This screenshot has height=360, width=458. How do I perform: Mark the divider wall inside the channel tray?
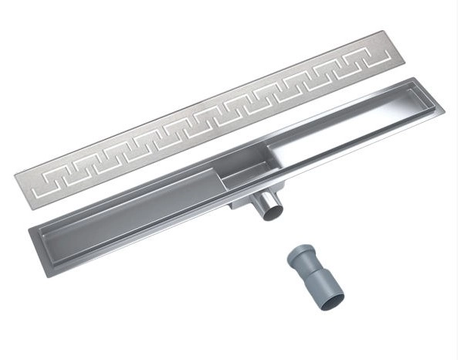click(225, 182)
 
